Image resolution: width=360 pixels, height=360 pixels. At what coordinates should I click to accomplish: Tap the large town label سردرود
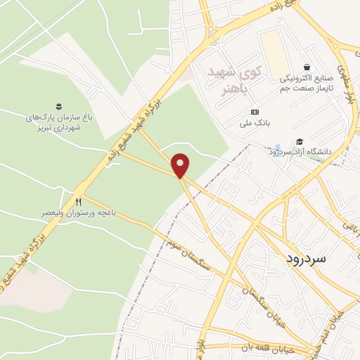pyautogui.click(x=307, y=259)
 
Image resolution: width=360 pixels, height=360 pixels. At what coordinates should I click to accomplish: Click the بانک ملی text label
pyautogui.click(x=255, y=127)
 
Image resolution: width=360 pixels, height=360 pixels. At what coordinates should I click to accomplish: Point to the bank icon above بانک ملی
pyautogui.click(x=255, y=113)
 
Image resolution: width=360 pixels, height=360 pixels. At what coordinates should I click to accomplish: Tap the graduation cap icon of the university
pyautogui.click(x=300, y=141)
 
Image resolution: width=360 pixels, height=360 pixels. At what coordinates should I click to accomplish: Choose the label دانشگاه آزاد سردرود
pyautogui.click(x=294, y=151)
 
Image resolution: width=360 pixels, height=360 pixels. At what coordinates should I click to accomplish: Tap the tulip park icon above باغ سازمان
pyautogui.click(x=58, y=106)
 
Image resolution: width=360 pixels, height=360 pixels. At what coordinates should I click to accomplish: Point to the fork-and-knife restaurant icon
pyautogui.click(x=79, y=201)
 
